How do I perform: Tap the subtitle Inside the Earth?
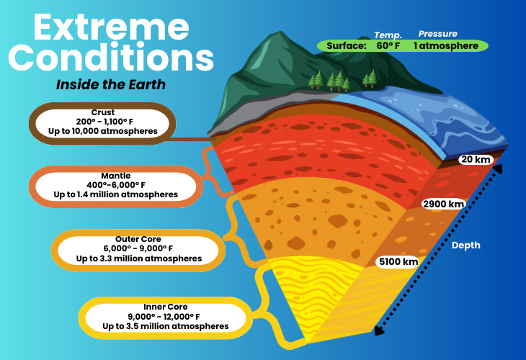pos(111,85)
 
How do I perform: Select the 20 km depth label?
pos(477,159)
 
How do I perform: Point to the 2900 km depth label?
pos(443,204)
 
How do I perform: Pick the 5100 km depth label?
pos(398,261)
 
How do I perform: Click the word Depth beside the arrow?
pos(465,246)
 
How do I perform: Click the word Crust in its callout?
pos(103,112)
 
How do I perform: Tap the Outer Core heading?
pos(138,238)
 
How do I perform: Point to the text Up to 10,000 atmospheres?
pos(103,132)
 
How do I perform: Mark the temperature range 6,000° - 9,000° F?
pos(138,248)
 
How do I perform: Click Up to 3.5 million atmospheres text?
pos(165,326)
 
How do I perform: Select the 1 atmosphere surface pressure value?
pos(445,46)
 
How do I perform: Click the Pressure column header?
pos(437,34)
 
